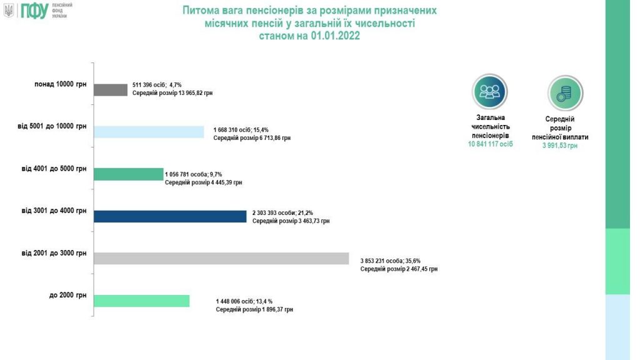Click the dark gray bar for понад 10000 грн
[x=111, y=90]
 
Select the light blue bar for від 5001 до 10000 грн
[x=149, y=132]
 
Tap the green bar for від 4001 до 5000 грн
[x=128, y=174]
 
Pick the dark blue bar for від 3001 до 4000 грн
[x=170, y=216]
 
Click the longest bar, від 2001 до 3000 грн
[x=221, y=259]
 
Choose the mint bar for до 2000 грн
[x=141, y=301]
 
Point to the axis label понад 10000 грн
[x=61, y=84]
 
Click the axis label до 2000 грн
[x=68, y=294]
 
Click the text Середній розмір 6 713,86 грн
[x=252, y=138]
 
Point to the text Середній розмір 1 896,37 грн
[x=254, y=309]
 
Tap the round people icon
[x=489, y=92]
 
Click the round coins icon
[x=565, y=92]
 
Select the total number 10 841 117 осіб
[x=490, y=144]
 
